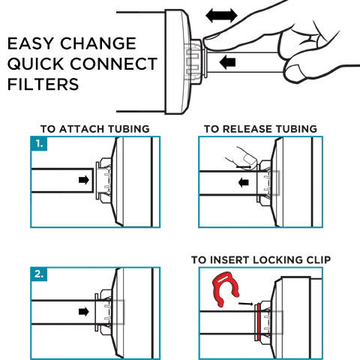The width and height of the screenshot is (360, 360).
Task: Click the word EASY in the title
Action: (30, 43)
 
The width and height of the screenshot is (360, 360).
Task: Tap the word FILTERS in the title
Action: (43, 84)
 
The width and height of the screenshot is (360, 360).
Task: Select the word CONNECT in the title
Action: (113, 64)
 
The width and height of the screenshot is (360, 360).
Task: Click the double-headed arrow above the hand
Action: (221, 16)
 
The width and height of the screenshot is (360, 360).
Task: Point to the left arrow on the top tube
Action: (227, 62)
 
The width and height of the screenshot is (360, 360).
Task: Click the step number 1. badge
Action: (39, 143)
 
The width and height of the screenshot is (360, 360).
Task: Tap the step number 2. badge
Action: (39, 274)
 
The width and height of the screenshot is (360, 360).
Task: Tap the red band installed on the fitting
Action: (258, 322)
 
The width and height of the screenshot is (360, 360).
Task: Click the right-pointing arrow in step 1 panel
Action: (84, 180)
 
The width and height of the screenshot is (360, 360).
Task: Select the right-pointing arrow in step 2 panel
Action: (84, 312)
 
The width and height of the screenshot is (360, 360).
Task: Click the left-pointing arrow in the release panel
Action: (244, 182)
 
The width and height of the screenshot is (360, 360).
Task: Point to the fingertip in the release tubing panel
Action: (250, 159)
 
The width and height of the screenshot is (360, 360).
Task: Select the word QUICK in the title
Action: (36, 64)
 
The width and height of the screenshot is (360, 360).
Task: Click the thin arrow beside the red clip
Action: (246, 304)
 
